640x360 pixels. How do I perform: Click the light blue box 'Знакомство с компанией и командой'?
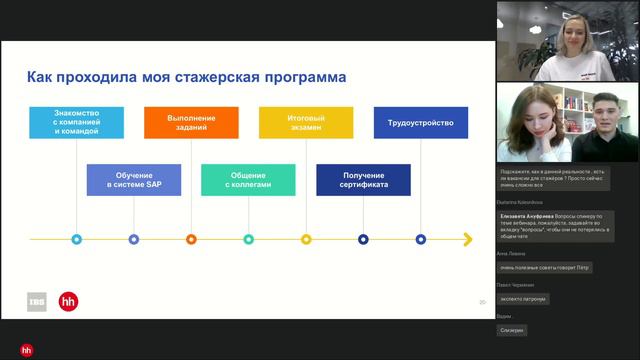coord(76,123)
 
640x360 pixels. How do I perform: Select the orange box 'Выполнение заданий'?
coord(191,123)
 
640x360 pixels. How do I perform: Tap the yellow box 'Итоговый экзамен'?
coord(306,123)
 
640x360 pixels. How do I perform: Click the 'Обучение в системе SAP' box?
coord(134,180)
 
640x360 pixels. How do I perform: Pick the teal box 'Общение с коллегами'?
coord(248,180)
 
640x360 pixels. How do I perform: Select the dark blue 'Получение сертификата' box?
coord(364,180)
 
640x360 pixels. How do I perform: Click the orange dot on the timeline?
coord(191,239)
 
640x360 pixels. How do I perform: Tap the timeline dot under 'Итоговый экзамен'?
coord(306,239)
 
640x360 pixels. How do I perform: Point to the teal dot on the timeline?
coord(249,239)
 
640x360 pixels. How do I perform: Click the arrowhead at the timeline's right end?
coord(467,239)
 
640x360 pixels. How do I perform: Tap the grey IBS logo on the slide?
coord(37,301)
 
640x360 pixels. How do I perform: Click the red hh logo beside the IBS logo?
coord(68,301)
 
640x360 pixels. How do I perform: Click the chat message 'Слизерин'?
coord(511,330)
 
